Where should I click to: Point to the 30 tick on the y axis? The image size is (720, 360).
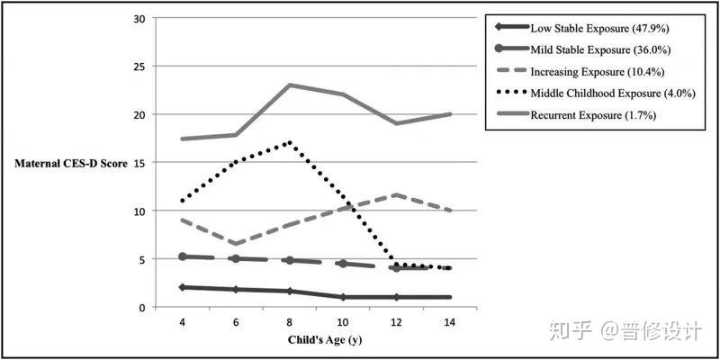[x=139, y=19]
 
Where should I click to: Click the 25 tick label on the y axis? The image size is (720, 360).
[x=139, y=67]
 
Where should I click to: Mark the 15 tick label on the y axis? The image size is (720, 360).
[x=139, y=163]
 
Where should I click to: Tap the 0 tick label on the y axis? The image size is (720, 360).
[x=142, y=307]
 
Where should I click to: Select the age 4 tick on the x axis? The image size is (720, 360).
[x=184, y=320]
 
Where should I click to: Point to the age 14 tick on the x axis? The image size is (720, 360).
[x=449, y=320]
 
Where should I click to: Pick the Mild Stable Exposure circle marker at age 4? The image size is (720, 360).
[x=184, y=256]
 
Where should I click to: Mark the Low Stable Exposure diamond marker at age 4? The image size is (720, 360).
[x=184, y=287]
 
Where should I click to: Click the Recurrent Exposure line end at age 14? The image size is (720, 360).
[x=449, y=114]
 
